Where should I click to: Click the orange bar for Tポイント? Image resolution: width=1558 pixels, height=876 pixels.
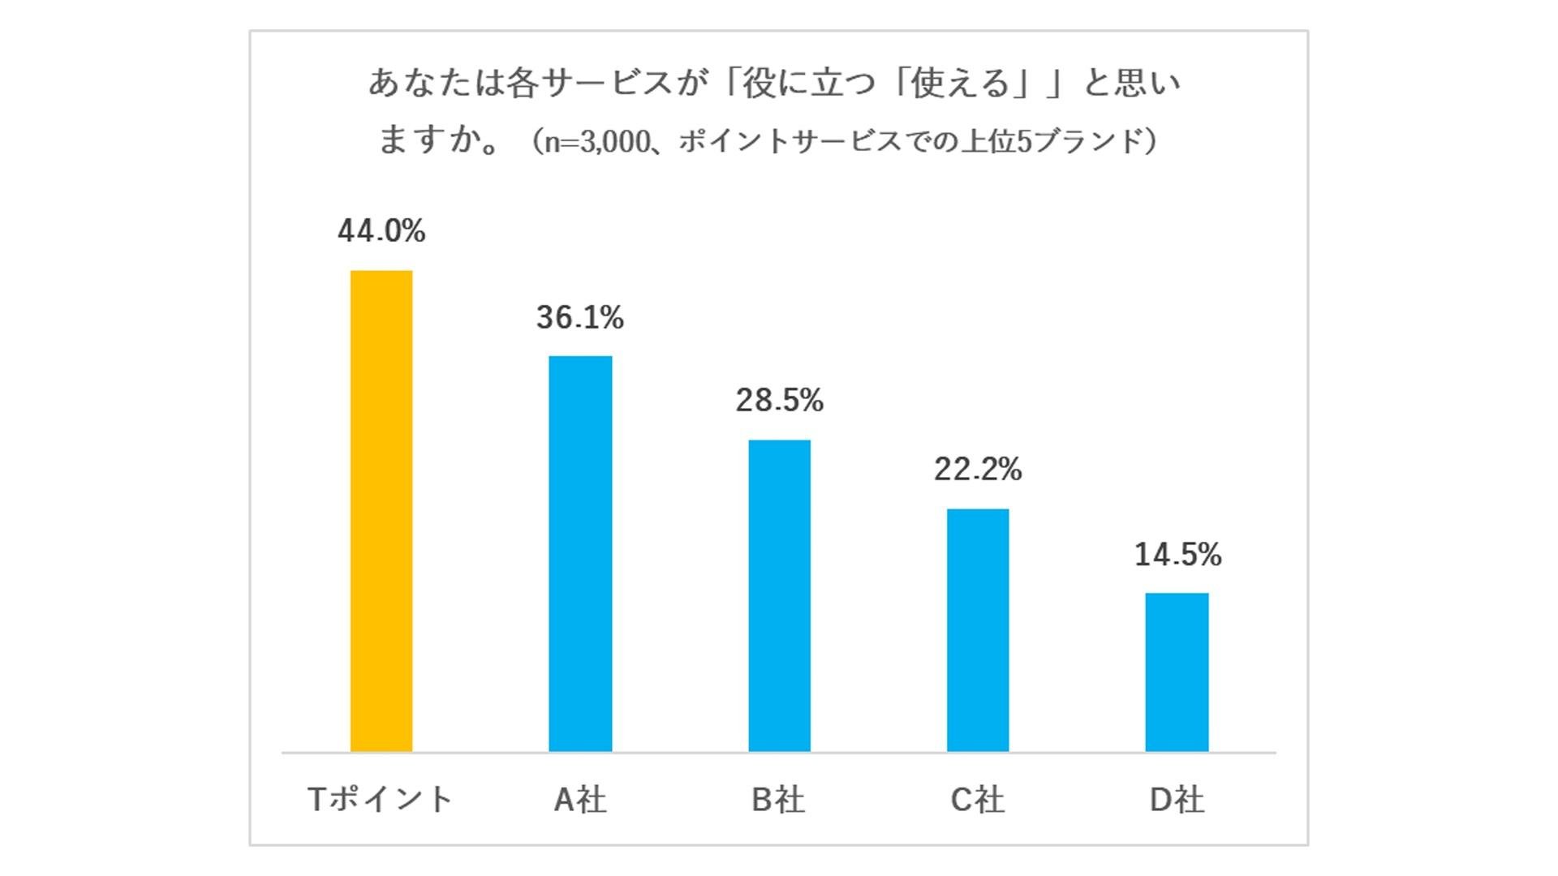click(x=381, y=511)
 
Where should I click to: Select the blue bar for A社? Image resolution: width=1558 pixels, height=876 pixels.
click(x=580, y=554)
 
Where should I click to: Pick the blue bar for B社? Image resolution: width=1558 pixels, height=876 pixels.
click(x=779, y=596)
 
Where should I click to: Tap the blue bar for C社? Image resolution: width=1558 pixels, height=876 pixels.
click(x=978, y=630)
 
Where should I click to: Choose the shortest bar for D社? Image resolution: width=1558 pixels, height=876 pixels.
click(x=1177, y=672)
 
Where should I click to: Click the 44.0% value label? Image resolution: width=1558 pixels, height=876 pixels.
click(x=381, y=231)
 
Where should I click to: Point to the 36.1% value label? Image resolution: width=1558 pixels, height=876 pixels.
click(x=580, y=317)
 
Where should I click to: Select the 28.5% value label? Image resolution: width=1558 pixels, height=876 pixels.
click(x=779, y=400)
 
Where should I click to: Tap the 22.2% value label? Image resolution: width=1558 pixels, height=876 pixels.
click(x=978, y=469)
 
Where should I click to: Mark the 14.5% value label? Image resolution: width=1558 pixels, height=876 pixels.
click(x=1177, y=555)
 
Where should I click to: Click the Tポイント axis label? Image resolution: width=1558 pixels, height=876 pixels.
click(x=381, y=800)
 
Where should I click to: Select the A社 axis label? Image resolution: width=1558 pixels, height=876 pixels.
click(x=580, y=800)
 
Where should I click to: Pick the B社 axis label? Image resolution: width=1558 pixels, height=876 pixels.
click(x=778, y=800)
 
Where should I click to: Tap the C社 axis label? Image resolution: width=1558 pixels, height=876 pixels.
click(x=978, y=800)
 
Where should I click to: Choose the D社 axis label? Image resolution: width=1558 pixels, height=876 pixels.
click(x=1177, y=800)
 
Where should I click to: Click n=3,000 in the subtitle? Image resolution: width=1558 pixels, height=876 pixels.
click(x=596, y=142)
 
